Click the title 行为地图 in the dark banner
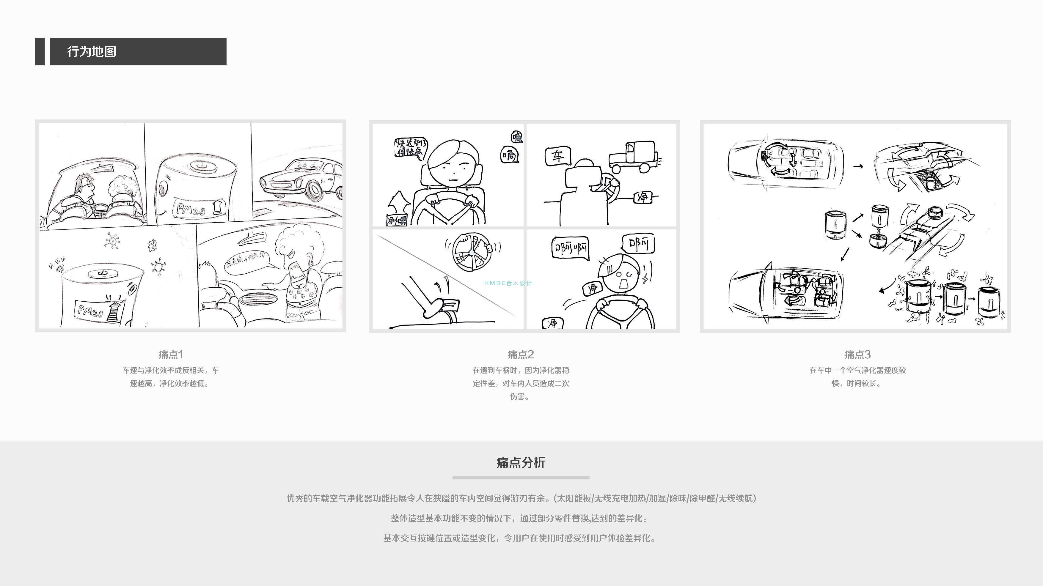tap(92, 51)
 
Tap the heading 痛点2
tap(521, 355)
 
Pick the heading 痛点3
tap(857, 355)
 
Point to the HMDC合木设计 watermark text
tap(508, 283)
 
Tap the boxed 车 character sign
tap(557, 156)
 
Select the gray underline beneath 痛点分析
tap(521, 478)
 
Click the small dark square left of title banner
tap(40, 51)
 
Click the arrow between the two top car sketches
tap(857, 166)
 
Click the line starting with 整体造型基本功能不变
tap(521, 518)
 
